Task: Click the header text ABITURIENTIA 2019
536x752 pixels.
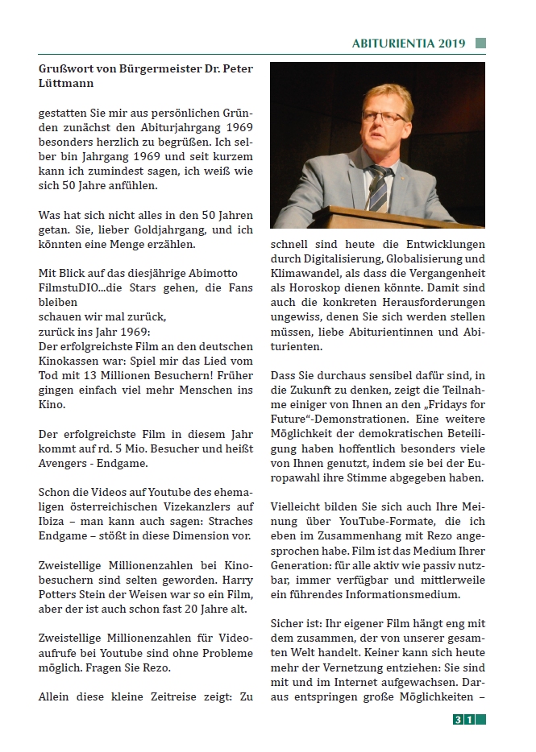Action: point(409,43)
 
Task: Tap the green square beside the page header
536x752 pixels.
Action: point(480,43)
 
